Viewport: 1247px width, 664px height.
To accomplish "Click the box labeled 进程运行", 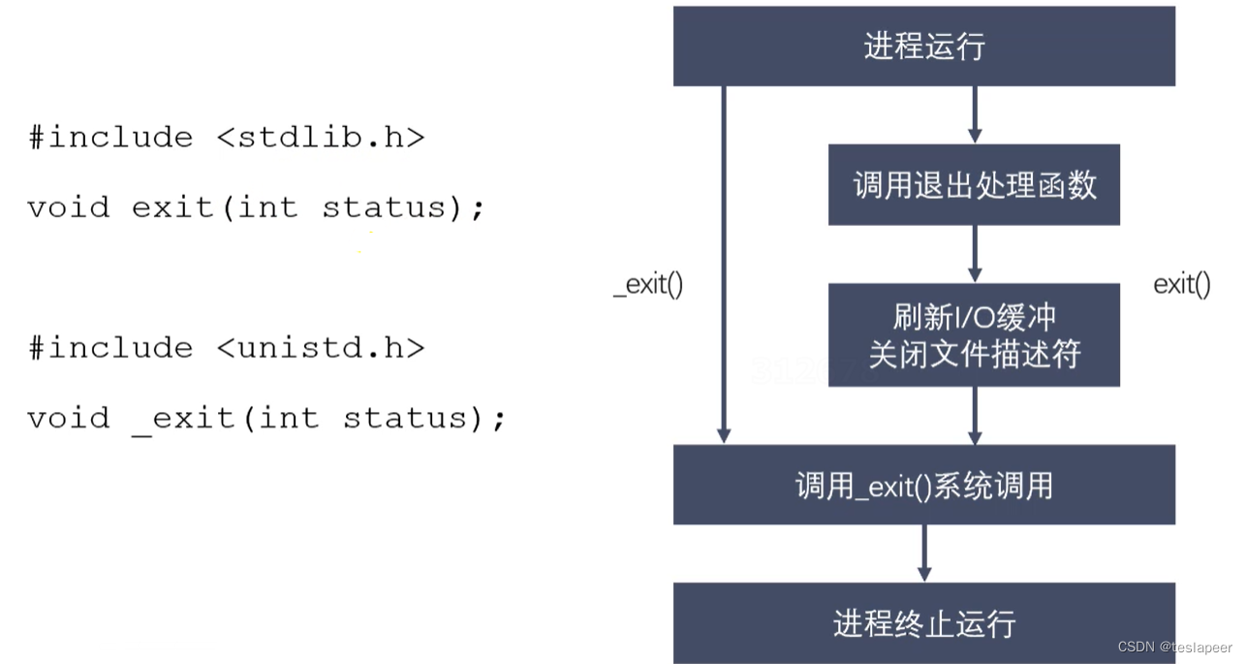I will tap(923, 46).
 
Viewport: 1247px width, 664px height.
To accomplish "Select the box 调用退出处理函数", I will tap(974, 185).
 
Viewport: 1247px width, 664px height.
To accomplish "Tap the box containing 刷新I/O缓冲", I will tap(974, 334).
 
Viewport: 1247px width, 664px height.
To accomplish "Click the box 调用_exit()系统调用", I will tap(923, 485).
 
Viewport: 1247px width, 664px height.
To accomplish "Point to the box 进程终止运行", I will tap(923, 622).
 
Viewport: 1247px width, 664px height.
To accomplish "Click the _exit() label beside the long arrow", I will tap(648, 286).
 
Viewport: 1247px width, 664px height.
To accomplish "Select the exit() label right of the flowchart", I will tap(1181, 285).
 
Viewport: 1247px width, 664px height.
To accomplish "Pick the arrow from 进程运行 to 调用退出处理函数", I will tap(975, 114).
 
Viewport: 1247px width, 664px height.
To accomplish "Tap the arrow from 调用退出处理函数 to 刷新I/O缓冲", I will tap(975, 254).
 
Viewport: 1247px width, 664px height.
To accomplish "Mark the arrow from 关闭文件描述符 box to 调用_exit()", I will tap(975, 415).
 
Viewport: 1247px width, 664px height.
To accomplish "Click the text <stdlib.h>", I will tap(321, 138).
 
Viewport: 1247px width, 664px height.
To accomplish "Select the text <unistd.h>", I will tap(321, 348).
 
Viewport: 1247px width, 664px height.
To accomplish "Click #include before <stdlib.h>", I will tap(110, 138).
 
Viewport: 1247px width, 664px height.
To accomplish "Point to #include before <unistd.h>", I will tap(110, 348).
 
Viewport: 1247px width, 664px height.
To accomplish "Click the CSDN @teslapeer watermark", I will tap(1174, 647).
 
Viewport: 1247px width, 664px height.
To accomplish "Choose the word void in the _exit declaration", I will tap(68, 419).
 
